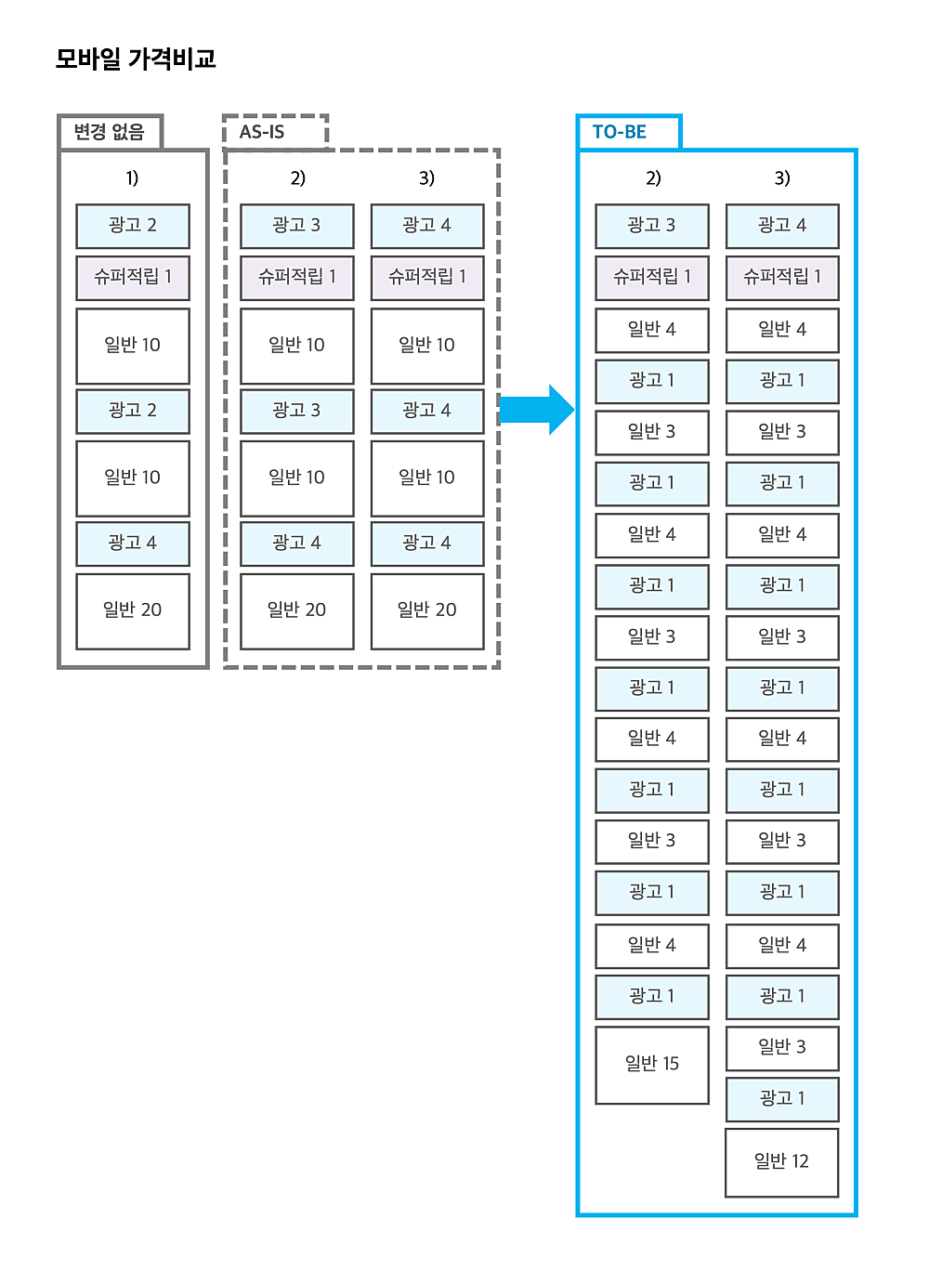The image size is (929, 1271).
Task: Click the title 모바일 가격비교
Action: click(x=136, y=59)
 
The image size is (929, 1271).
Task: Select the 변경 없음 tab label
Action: click(x=109, y=132)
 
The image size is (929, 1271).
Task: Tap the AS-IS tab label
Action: click(x=262, y=132)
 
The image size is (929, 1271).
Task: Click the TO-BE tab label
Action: click(x=619, y=132)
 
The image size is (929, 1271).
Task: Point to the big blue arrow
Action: click(x=537, y=410)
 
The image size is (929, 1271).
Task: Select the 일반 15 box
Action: click(x=652, y=1065)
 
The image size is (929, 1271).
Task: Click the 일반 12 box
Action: click(x=782, y=1162)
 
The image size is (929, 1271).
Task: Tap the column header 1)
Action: click(x=132, y=178)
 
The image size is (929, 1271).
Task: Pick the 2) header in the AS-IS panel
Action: click(x=297, y=178)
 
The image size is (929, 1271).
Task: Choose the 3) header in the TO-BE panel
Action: click(x=782, y=178)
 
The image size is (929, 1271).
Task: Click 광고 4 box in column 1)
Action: click(x=133, y=544)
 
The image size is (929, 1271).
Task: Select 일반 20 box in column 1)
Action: click(x=133, y=611)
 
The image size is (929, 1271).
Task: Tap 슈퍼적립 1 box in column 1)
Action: click(x=133, y=278)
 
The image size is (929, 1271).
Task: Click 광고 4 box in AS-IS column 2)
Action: click(x=296, y=544)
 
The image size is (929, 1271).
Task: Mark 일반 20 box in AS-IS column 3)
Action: click(x=427, y=611)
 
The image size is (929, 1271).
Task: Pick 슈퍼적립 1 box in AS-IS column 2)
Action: click(x=296, y=278)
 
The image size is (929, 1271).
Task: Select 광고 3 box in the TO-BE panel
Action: click(x=652, y=226)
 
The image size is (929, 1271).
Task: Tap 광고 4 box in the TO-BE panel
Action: click(x=782, y=226)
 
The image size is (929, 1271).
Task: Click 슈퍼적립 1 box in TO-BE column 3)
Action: click(x=782, y=278)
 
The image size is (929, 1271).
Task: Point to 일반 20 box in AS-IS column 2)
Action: click(x=296, y=611)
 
